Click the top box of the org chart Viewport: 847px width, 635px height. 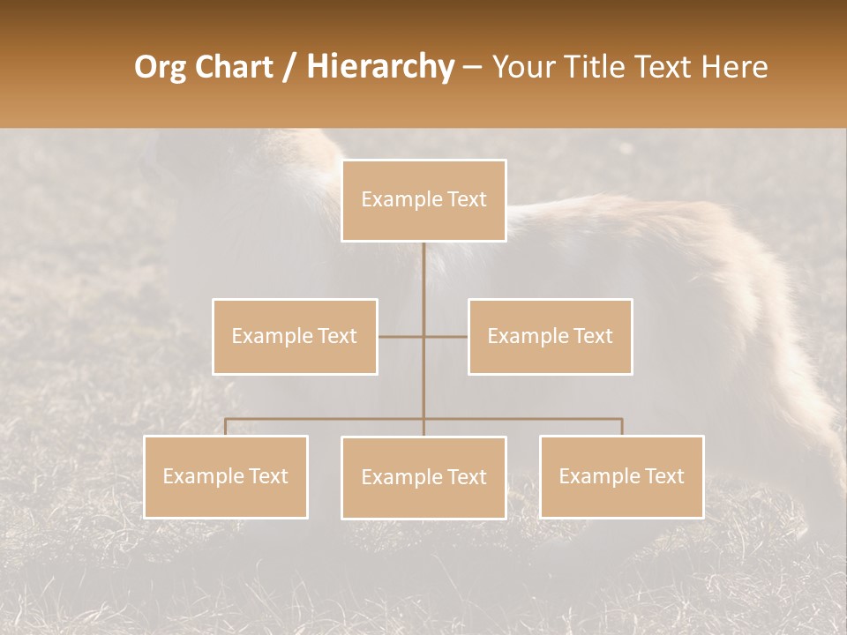423,200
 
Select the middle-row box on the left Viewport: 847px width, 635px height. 295,336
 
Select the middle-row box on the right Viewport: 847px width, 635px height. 550,336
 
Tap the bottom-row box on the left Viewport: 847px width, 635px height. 226,476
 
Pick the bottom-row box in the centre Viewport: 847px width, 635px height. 423,477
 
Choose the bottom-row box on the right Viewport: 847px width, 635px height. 621,476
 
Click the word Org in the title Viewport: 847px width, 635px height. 159,67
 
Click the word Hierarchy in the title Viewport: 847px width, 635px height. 379,67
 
